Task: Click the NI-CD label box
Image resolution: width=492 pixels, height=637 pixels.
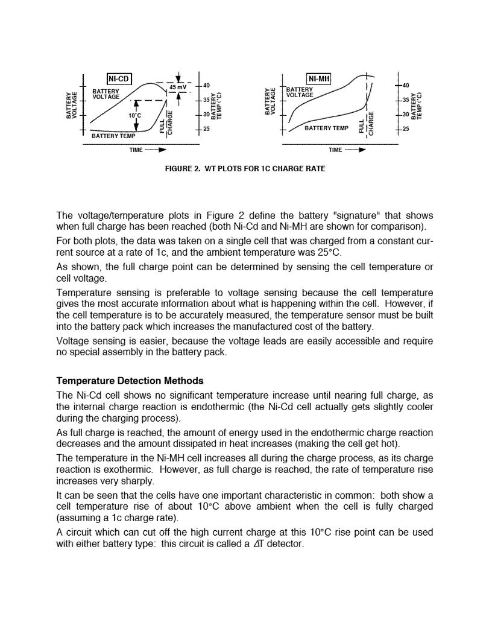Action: [119, 78]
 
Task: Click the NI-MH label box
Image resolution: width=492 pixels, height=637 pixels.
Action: [319, 78]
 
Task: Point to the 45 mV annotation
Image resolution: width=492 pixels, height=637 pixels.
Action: [177, 87]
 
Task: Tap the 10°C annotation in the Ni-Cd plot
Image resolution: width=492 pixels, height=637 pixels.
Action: [134, 115]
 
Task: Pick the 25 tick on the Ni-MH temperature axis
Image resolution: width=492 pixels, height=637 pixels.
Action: [405, 128]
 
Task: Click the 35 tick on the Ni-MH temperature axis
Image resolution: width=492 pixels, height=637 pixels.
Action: [405, 100]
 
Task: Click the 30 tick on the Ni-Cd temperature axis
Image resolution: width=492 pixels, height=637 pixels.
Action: [206, 114]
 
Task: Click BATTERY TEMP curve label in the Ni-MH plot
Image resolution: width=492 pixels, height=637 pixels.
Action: [326, 128]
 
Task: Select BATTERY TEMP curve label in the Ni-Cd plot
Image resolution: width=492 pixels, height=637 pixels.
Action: [113, 136]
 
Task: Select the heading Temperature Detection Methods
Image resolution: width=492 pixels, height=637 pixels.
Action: [130, 381]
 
